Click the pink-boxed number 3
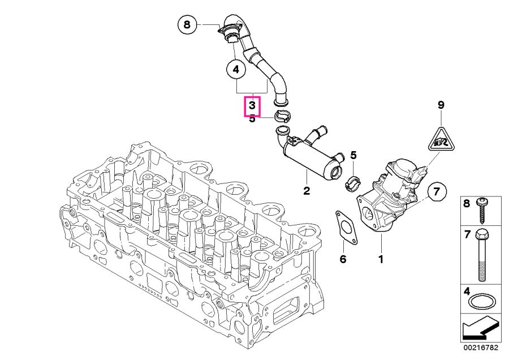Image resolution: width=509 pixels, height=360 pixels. [252, 106]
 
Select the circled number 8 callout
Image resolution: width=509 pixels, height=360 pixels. [188, 25]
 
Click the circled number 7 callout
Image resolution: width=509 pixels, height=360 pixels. [437, 192]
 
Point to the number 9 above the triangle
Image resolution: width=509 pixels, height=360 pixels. [441, 105]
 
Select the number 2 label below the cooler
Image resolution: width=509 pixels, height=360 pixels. [307, 191]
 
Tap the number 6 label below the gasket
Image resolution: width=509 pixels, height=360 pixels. [342, 259]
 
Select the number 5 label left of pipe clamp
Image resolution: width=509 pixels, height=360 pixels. [252, 119]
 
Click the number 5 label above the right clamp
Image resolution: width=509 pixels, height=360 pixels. [353, 155]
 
